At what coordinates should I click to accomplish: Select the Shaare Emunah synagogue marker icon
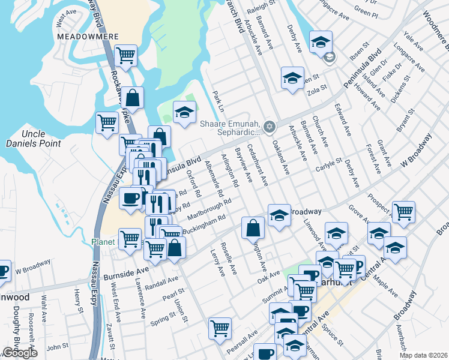pyautogui.click(x=270, y=126)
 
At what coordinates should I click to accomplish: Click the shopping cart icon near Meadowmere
pyautogui.click(x=126, y=56)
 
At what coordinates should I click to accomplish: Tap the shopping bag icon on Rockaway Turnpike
pyautogui.click(x=134, y=97)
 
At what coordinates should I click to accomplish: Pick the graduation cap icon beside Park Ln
pyautogui.click(x=184, y=111)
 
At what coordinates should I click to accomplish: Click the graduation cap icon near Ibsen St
pyautogui.click(x=321, y=41)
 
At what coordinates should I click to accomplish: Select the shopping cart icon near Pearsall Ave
pyautogui.click(x=220, y=328)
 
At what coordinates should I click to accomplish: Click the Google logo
pyautogui.click(x=20, y=353)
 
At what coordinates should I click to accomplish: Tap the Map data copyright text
pyautogui.click(x=423, y=355)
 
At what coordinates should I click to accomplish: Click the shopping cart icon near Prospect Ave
pyautogui.click(x=403, y=212)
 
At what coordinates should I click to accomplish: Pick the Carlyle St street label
pyautogui.click(x=329, y=162)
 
